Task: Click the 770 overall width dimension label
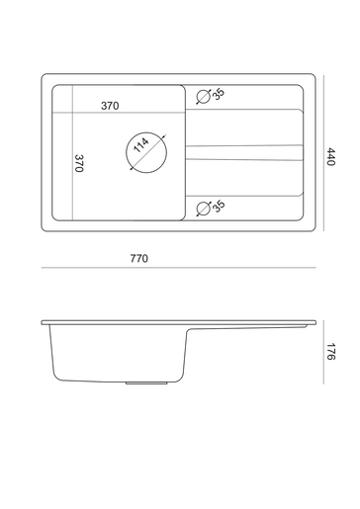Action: point(139,258)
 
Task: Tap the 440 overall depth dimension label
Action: point(330,157)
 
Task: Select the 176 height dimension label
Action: point(330,352)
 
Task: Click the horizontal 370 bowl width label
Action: point(110,106)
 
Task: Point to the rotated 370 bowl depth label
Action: point(79,163)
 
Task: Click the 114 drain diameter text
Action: point(141,145)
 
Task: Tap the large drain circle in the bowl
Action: point(146,132)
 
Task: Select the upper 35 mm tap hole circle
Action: point(204,90)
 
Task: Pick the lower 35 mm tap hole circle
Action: point(204,202)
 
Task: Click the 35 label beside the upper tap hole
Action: point(219,94)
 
